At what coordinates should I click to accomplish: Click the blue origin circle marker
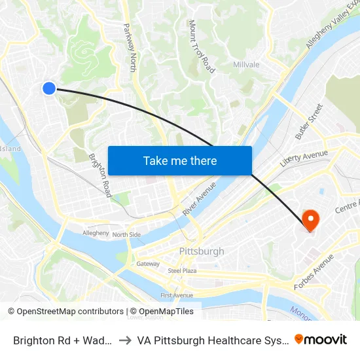pyautogui.click(x=49, y=88)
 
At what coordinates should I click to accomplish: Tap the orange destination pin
pyautogui.click(x=308, y=219)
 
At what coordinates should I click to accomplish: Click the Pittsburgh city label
pyautogui.click(x=202, y=251)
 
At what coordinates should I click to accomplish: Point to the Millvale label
pyautogui.click(x=247, y=65)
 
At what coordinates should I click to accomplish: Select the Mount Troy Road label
pyautogui.click(x=201, y=46)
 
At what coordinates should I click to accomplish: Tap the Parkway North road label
pyautogui.click(x=129, y=48)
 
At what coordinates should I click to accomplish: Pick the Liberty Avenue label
pyautogui.click(x=304, y=158)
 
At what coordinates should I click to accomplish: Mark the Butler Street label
pyautogui.click(x=309, y=122)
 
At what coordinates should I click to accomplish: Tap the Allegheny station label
pyautogui.click(x=96, y=233)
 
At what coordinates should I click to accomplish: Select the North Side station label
pyautogui.click(x=126, y=234)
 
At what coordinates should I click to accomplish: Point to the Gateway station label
pyautogui.click(x=148, y=264)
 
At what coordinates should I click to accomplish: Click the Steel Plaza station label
pyautogui.click(x=183, y=270)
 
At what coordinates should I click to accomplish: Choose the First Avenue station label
pyautogui.click(x=177, y=295)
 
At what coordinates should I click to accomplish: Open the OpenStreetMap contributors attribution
pyautogui.click(x=65, y=312)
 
